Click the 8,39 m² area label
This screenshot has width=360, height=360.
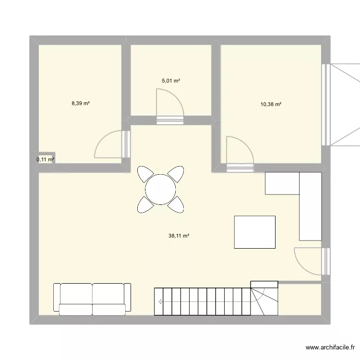coord(81,103)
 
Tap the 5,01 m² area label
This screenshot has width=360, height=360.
coord(171,81)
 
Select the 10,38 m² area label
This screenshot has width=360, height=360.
coord(271,104)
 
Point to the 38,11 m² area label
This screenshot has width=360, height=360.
coord(180,236)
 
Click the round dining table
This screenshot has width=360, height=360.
coord(161,189)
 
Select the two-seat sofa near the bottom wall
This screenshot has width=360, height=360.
coord(92,299)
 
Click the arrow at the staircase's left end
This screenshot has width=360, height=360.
coord(160,301)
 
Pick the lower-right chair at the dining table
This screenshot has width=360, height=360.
coord(177,204)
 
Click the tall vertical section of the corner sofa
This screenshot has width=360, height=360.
coord(310,206)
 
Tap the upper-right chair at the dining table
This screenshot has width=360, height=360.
coord(177,173)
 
